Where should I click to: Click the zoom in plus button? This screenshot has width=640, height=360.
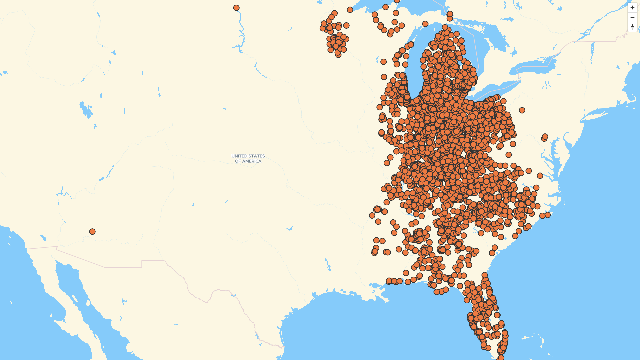[632, 8]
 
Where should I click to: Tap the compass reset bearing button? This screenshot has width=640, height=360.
[632, 27]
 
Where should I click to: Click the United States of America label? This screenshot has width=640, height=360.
[248, 158]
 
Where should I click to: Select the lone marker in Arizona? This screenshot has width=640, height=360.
[92, 231]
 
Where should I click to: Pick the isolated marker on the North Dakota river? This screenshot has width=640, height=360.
[236, 8]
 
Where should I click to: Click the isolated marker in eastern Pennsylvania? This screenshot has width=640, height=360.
[522, 110]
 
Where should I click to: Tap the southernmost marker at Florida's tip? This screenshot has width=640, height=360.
[501, 358]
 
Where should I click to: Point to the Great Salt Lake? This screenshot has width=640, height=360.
[86, 110]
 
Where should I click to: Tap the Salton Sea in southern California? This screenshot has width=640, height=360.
[43, 238]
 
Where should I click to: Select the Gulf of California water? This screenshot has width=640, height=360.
[80, 293]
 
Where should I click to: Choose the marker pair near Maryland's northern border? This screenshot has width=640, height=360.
[544, 137]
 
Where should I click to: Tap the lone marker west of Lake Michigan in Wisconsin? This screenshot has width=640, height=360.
[383, 62]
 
